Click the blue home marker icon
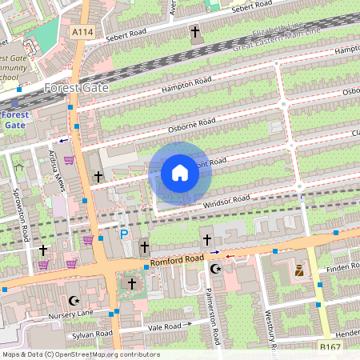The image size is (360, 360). click(180, 173)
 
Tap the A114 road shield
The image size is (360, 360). click(81, 31)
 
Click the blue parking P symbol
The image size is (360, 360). click(124, 234)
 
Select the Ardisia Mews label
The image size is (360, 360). click(57, 170)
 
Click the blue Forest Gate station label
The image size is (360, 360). click(14, 119)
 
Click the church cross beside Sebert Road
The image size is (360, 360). click(194, 33)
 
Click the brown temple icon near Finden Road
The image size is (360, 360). click(299, 271)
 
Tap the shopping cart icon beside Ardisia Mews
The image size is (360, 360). click(70, 160)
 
